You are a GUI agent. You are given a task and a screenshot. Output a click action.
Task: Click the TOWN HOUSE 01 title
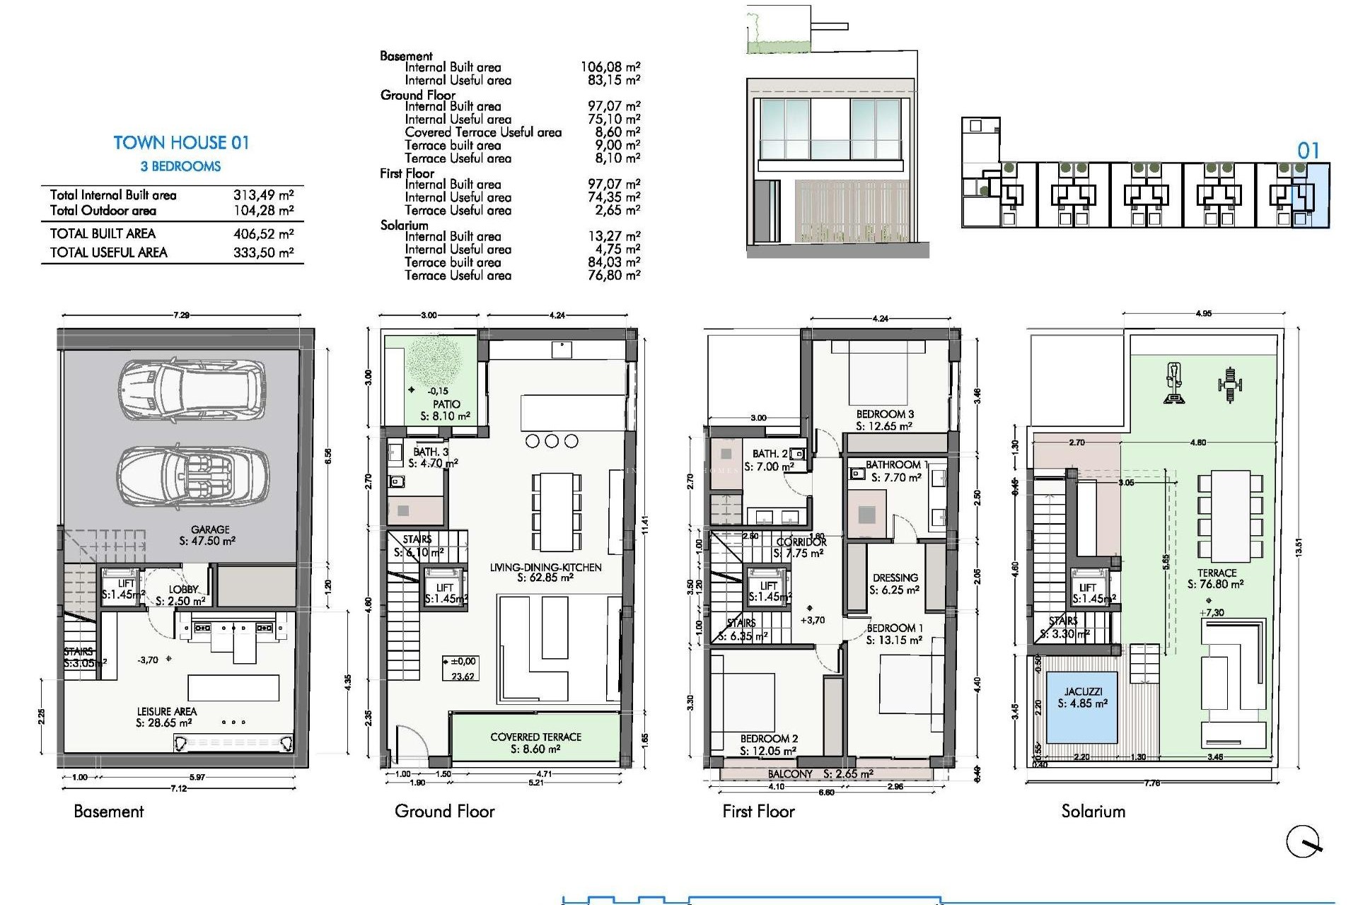pyautogui.click(x=181, y=143)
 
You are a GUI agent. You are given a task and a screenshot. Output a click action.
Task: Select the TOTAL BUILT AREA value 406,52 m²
pyautogui.click(x=263, y=234)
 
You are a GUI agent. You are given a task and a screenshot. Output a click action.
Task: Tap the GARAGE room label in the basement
pyautogui.click(x=209, y=530)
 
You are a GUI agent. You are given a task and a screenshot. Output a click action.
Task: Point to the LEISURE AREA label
pyautogui.click(x=166, y=712)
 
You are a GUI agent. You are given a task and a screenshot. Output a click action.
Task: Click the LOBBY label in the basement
pyautogui.click(x=183, y=590)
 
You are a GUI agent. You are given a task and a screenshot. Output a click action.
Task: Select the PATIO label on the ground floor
pyautogui.click(x=446, y=404)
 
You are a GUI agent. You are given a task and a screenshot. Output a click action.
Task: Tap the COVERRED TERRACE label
pyautogui.click(x=535, y=737)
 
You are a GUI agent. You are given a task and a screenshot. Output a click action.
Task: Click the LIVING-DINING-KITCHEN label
pyautogui.click(x=545, y=567)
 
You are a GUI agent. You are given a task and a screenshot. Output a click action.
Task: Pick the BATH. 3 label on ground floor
pyautogui.click(x=430, y=452)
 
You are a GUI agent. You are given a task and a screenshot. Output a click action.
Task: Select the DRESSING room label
pyautogui.click(x=895, y=578)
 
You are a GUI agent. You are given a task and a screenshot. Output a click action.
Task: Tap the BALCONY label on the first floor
pyautogui.click(x=789, y=774)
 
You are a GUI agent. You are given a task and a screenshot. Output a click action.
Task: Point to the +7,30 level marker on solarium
pyautogui.click(x=1212, y=612)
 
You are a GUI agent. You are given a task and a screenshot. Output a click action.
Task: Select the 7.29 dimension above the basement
pyautogui.click(x=181, y=315)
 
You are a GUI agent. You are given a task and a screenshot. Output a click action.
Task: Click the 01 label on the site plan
pyautogui.click(x=1308, y=151)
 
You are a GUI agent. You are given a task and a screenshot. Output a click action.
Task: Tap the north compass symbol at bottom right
pyautogui.click(x=1303, y=841)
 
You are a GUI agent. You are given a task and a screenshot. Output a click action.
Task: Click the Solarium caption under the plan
pyautogui.click(x=1093, y=812)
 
